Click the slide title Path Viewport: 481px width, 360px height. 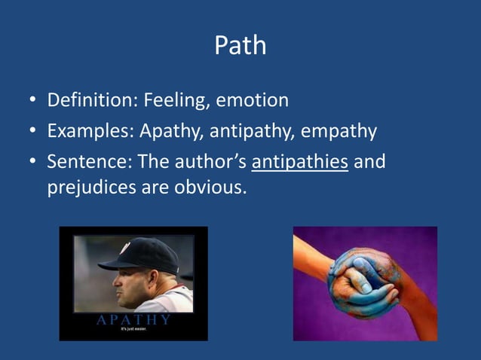240,45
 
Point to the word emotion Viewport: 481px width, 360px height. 253,100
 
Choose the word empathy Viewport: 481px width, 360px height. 339,132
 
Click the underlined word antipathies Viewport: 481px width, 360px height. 299,162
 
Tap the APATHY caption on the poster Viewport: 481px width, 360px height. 133,320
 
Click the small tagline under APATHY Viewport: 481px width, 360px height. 133,330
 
